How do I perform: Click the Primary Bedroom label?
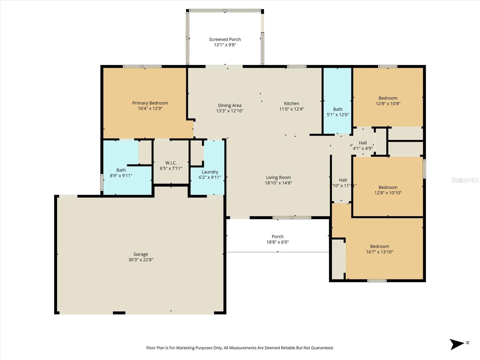[x=150, y=103]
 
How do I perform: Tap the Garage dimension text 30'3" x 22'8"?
[x=141, y=260]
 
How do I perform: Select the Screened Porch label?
[x=225, y=39]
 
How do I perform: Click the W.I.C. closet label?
[x=171, y=163]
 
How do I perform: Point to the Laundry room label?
[x=210, y=172]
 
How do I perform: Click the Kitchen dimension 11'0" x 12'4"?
[x=291, y=109]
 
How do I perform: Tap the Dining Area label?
[x=229, y=105]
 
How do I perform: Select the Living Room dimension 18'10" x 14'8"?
[x=278, y=183]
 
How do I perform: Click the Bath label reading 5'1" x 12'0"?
[x=337, y=112]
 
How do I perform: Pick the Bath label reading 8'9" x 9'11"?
[x=121, y=173]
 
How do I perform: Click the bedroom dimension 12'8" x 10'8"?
[x=388, y=103]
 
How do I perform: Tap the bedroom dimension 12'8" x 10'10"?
[x=388, y=193]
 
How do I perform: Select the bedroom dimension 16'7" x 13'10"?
[x=379, y=252]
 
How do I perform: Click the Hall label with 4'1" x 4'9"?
[x=363, y=145]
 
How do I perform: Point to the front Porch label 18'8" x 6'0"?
[x=277, y=239]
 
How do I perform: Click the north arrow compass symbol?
[x=457, y=344]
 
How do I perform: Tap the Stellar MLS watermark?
[x=465, y=180]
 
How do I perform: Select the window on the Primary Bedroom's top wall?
[x=142, y=67]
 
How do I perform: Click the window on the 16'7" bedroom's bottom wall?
[x=377, y=281]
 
